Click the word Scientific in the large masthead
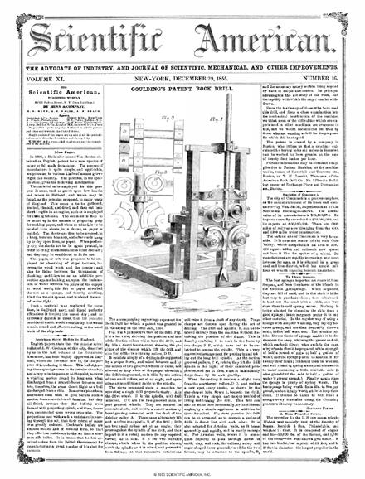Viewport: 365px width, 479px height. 98,29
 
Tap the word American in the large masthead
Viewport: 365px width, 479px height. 263,29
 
